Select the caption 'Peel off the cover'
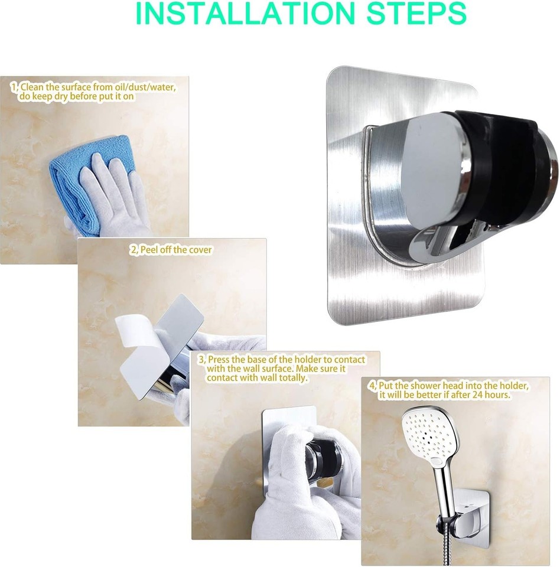(x=175, y=250)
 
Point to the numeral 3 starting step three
(x=200, y=360)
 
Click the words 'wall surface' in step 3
(x=268, y=369)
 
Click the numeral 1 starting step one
(x=13, y=87)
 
